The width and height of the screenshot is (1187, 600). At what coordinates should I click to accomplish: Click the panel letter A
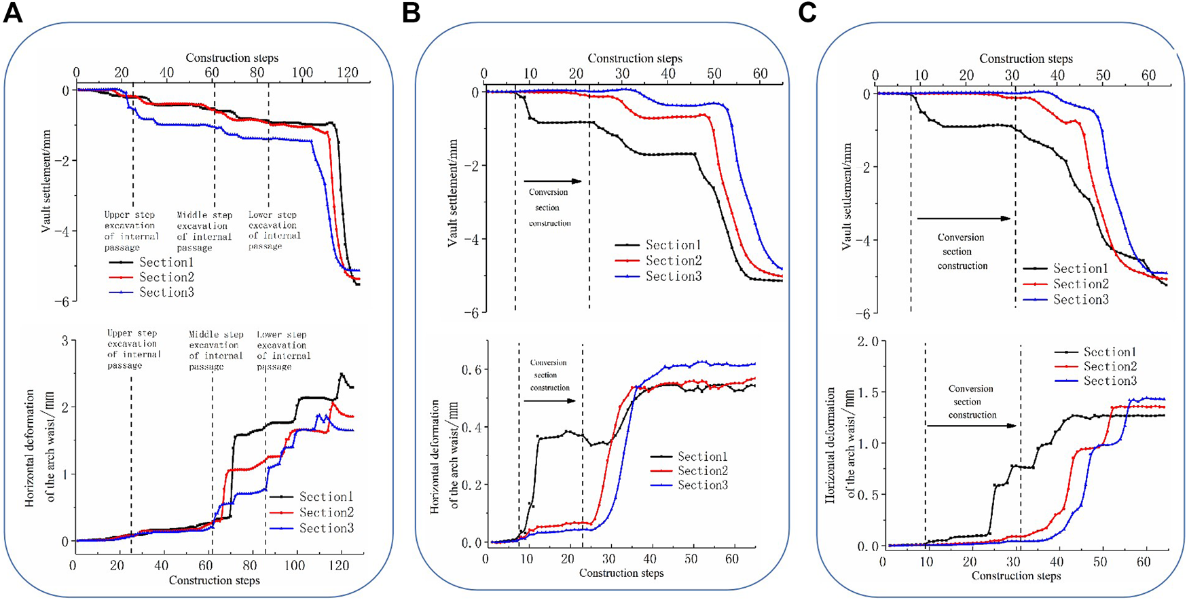pyautogui.click(x=12, y=12)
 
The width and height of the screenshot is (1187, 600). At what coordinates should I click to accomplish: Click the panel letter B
pyautogui.click(x=411, y=12)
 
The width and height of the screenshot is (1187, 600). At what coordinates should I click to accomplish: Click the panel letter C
pyautogui.click(x=807, y=12)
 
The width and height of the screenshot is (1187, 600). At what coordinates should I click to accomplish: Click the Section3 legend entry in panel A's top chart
pyautogui.click(x=166, y=293)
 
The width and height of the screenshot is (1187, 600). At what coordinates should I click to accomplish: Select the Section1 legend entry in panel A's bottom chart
pyautogui.click(x=326, y=498)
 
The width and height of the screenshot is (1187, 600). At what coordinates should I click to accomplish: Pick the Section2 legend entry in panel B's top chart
pyautogui.click(x=672, y=261)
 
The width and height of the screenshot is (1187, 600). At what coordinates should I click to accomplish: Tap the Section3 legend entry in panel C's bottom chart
pyautogui.click(x=1110, y=381)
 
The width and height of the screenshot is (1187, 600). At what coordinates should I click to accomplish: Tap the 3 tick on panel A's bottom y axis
pyautogui.click(x=65, y=341)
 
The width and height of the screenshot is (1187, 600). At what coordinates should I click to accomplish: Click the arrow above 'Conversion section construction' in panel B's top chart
pyautogui.click(x=553, y=181)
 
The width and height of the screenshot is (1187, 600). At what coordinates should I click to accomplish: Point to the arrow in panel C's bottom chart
pyautogui.click(x=972, y=426)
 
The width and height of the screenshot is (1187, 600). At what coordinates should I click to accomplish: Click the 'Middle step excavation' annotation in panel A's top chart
pyautogui.click(x=204, y=231)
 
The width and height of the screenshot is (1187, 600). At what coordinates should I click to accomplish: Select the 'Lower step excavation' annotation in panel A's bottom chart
pyautogui.click(x=283, y=350)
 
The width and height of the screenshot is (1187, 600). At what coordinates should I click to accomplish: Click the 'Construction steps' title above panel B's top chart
pyautogui.click(x=635, y=59)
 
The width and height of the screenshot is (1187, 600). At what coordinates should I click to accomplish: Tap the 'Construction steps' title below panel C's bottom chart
pyautogui.click(x=1016, y=576)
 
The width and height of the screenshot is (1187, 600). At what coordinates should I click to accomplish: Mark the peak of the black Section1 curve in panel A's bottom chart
pyautogui.click(x=342, y=373)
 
